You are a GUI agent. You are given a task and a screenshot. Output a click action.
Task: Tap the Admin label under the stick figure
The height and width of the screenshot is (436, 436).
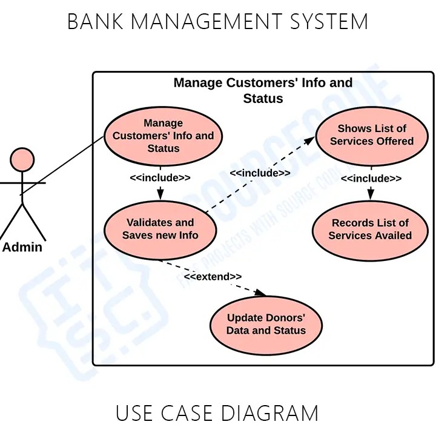pos(22,247)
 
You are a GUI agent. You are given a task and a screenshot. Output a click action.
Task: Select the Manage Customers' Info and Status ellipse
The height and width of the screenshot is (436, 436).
pos(163,136)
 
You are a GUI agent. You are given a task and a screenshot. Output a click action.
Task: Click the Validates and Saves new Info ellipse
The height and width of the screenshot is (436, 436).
pos(160,229)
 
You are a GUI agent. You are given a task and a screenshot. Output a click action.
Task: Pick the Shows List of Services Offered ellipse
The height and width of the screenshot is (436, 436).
pos(371,135)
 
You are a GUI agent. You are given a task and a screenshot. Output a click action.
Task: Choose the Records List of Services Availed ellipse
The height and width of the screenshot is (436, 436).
pos(370,230)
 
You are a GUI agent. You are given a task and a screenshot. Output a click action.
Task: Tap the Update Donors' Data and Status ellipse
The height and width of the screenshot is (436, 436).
pos(266,325)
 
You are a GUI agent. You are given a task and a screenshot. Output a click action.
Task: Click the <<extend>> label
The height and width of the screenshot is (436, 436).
pos(213,277)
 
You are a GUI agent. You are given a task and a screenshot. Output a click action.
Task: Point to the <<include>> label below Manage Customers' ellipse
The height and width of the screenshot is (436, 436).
pos(160,177)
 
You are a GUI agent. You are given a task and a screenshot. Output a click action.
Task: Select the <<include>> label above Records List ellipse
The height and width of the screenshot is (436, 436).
pos(371,178)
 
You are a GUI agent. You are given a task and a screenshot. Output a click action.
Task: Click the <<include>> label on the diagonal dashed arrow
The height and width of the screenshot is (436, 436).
pos(260,173)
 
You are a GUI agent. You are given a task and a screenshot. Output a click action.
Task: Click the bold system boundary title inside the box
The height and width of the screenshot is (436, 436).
pos(263,90)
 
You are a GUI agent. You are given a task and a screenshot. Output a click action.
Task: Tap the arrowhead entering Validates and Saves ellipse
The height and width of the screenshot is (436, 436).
pos(160,194)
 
